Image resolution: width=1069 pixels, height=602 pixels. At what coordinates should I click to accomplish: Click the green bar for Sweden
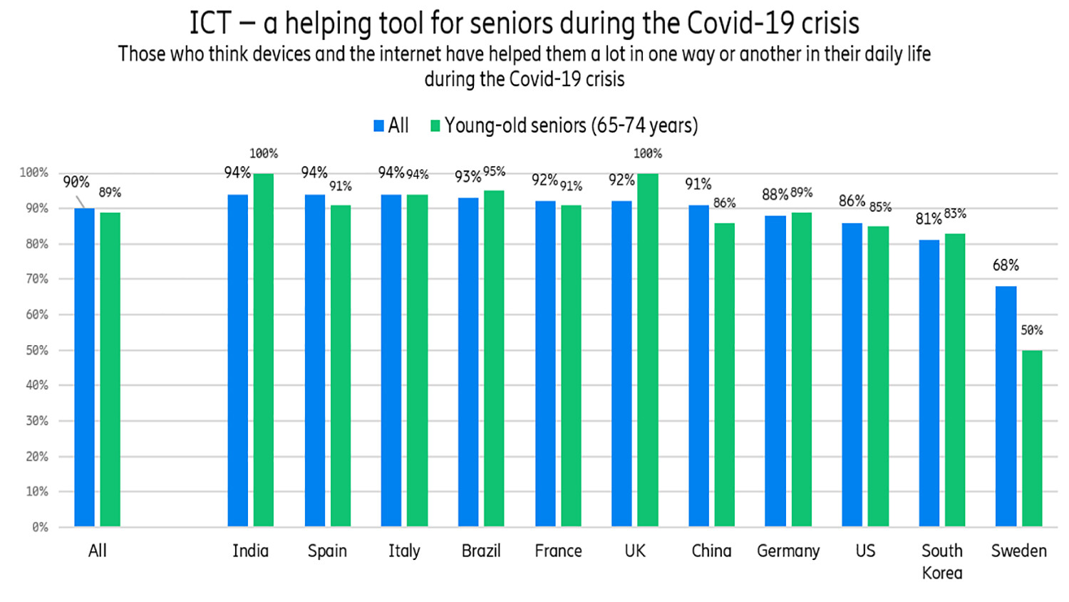tap(1032, 438)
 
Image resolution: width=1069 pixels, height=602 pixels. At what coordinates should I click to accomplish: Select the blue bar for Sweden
tap(1006, 407)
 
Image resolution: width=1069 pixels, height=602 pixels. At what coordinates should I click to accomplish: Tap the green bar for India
tap(264, 350)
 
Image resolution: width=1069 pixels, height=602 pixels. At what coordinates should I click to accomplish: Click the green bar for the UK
tap(648, 350)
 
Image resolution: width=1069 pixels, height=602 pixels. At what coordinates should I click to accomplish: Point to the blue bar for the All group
tap(84, 367)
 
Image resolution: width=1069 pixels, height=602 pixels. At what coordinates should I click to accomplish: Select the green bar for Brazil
tap(494, 358)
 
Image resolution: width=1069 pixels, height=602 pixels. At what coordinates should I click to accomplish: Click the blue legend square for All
tap(379, 126)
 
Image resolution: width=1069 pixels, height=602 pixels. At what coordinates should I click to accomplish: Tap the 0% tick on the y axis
tap(40, 527)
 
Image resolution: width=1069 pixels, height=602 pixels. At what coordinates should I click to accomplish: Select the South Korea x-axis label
tap(941, 561)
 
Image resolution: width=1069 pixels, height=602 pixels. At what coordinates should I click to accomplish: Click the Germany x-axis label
tap(788, 551)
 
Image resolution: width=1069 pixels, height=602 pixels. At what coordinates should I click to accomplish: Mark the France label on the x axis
tap(558, 551)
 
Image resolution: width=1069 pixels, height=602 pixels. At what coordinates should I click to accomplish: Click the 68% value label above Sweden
tap(1006, 265)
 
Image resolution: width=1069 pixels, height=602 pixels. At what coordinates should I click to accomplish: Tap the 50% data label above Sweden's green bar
tap(1031, 330)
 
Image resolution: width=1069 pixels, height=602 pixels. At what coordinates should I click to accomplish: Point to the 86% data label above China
tap(724, 203)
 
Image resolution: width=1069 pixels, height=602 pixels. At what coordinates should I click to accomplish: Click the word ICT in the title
tap(210, 24)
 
